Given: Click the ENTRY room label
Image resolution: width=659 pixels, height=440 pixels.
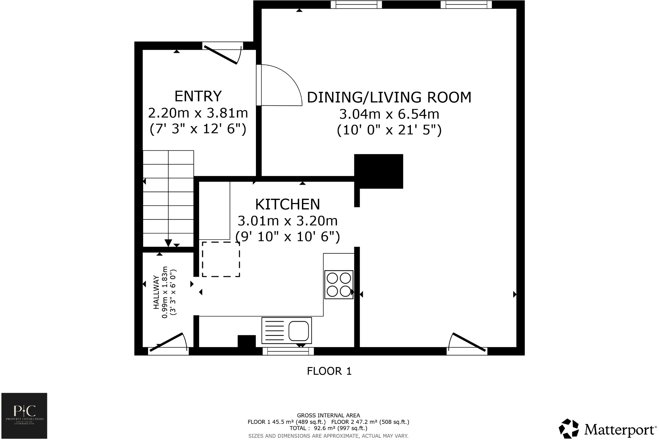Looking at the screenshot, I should coord(198,96).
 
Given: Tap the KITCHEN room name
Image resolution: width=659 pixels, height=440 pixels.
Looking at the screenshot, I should coord(287,204).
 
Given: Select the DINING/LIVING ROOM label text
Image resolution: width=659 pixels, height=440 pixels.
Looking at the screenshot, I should coord(389,98).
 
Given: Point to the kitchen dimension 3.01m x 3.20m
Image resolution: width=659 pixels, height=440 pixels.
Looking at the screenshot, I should coord(287,221).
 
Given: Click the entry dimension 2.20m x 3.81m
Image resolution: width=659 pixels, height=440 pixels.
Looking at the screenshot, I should coord(198,113).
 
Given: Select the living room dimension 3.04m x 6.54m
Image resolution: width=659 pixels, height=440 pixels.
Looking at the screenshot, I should coord(389,114).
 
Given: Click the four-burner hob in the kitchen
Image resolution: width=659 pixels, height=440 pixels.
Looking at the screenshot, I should coord(339,284).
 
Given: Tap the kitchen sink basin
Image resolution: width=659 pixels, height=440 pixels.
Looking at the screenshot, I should coord(298,330).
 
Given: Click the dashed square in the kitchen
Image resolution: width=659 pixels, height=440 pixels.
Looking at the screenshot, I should coord(221,259).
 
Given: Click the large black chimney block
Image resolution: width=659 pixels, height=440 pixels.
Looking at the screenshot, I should coord(379,171).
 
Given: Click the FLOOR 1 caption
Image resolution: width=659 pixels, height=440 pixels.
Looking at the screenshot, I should coord(329,371).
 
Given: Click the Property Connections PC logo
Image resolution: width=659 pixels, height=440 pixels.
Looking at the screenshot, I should coord(24,416).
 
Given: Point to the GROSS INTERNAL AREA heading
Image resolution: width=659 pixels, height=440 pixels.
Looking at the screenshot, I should coord(328,415).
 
